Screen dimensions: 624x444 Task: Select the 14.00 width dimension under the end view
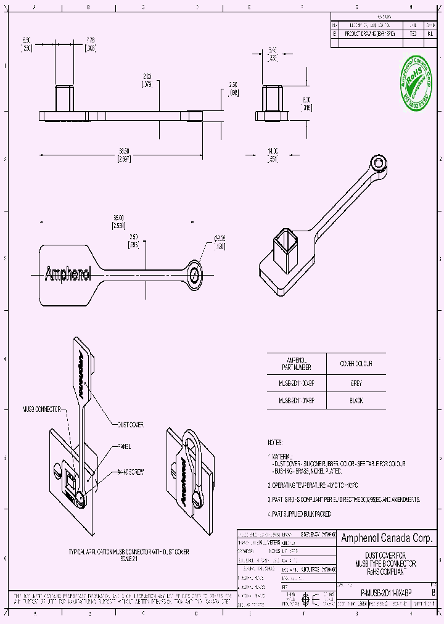click(x=273, y=154)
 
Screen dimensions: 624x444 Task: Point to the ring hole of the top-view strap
click(x=195, y=273)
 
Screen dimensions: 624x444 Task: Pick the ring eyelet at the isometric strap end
click(x=376, y=163)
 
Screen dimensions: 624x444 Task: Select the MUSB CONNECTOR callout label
click(x=42, y=408)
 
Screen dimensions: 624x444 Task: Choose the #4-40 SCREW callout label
click(x=130, y=472)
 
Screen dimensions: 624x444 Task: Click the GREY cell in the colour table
click(x=356, y=384)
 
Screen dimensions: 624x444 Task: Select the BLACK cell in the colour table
click(x=356, y=401)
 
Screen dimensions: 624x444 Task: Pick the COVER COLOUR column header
click(x=356, y=364)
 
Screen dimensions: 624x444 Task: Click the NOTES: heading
click(x=275, y=443)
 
